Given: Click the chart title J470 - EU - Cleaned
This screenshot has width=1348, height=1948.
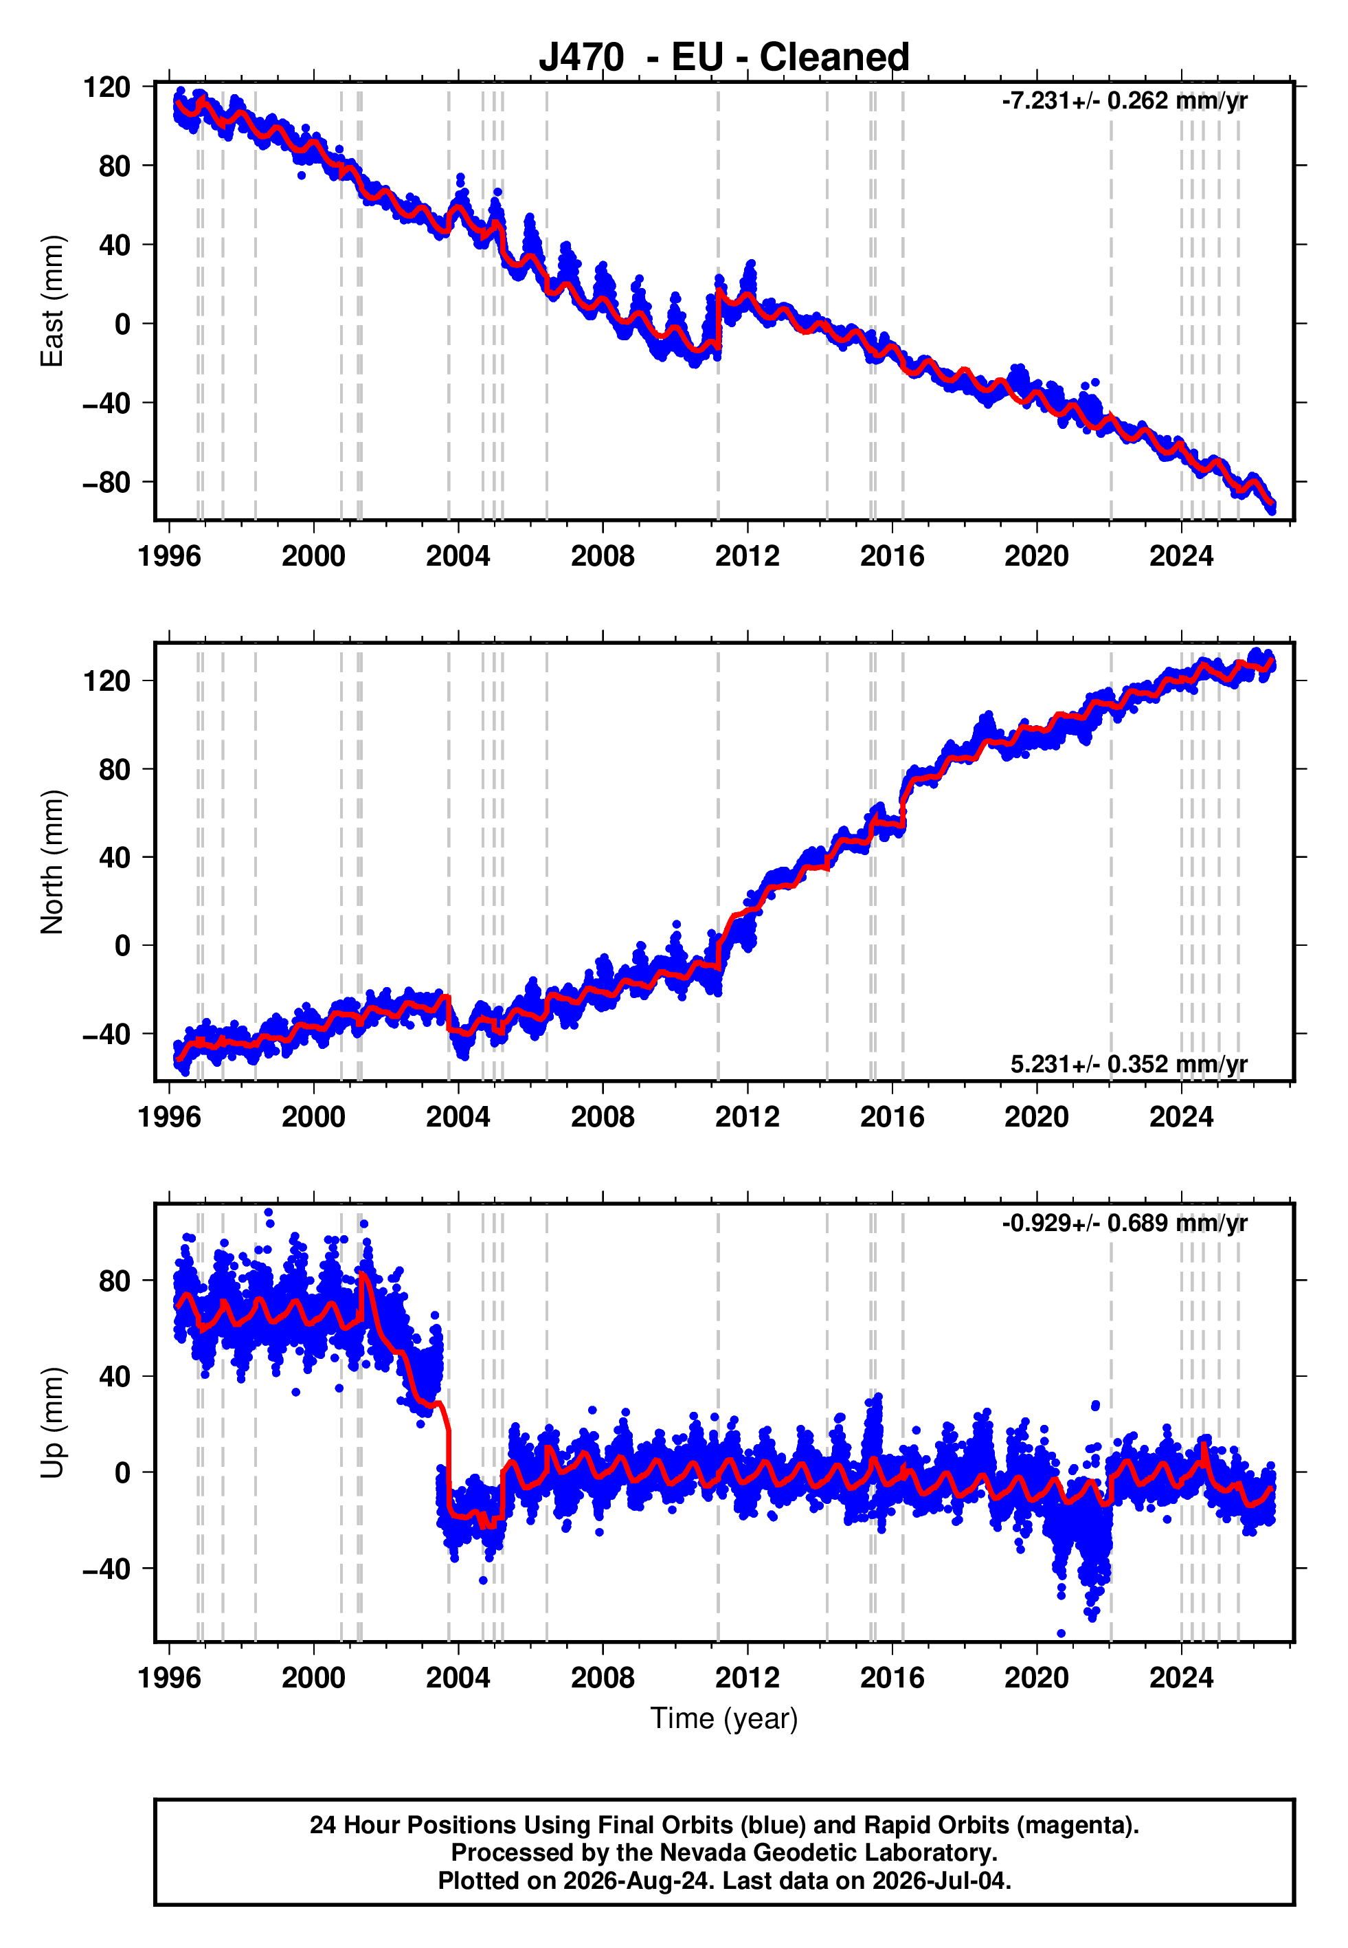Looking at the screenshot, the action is pos(724,58).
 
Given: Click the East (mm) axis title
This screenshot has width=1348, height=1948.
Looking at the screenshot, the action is pos(52,301).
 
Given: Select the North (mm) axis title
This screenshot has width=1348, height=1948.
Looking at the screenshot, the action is pos(52,862).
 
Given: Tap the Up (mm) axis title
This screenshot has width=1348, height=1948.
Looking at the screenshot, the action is pos(52,1423).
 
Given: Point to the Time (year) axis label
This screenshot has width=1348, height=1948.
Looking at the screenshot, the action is pos(724,1718).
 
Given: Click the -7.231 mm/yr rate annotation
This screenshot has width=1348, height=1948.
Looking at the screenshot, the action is pos(1124,100).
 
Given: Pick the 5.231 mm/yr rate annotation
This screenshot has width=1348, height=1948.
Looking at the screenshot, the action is pos(1128,1063).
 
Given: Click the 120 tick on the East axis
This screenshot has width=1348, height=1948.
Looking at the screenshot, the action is pos(107,87).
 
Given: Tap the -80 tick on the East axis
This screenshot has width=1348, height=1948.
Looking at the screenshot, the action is pos(107,483).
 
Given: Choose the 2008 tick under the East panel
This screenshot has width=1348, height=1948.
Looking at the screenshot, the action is pos(603,556).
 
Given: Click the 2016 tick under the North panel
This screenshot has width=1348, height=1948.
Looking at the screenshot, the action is pos(892,1117).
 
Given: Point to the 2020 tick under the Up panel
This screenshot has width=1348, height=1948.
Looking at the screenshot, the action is pos(1036,1678).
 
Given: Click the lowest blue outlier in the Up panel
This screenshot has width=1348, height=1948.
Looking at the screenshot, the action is pos(1061,1634).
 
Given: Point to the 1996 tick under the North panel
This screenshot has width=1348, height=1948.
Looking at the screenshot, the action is pos(169,1117).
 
